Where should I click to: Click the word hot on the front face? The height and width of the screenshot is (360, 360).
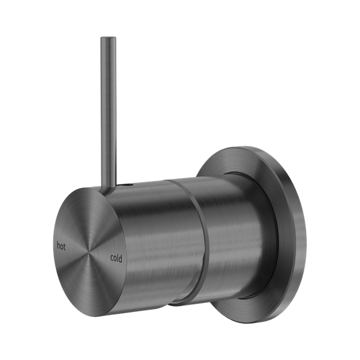pyautogui.click(x=61, y=245)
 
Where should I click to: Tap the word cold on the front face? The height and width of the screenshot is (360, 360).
pyautogui.click(x=116, y=258)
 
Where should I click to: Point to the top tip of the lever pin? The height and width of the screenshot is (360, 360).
pyautogui.click(x=108, y=37)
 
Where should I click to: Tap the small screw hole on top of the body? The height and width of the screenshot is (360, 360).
pyautogui.click(x=127, y=184)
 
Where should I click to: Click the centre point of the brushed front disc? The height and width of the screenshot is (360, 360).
pyautogui.click(x=88, y=251)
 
